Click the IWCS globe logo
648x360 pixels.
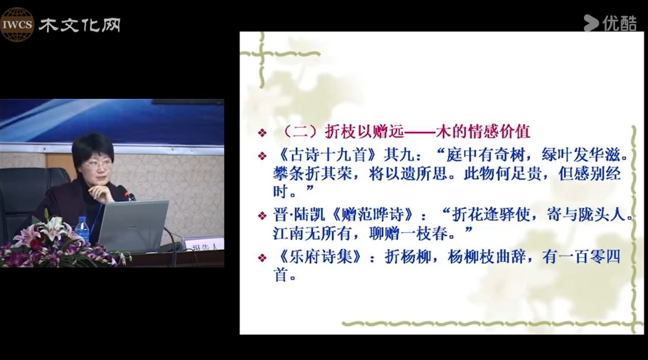17,25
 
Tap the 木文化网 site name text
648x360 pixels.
80,25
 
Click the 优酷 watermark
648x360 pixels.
610,23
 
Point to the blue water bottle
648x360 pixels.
82,229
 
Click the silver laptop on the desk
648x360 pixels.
133,226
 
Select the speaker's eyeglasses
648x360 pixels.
98,165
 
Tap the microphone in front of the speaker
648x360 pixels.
129,194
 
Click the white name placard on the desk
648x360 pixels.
202,245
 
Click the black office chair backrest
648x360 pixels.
25,194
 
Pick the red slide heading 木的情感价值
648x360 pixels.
483,131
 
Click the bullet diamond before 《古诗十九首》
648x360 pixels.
262,156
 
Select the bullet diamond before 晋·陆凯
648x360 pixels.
262,215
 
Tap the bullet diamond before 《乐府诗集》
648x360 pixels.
262,258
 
